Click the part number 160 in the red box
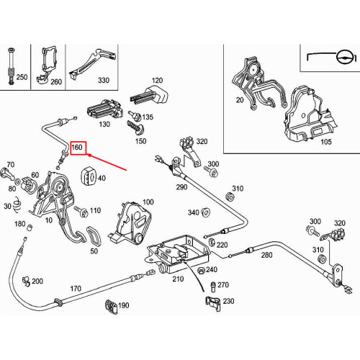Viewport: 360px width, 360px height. click(77, 147)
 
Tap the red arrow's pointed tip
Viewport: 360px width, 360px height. click(87, 155)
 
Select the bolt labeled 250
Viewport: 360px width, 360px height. click(12, 66)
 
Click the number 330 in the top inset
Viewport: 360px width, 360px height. click(104, 80)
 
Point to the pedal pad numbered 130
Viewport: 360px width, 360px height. click(104, 109)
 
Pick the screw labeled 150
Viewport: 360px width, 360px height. click(135, 127)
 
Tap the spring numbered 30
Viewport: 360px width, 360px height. click(17, 205)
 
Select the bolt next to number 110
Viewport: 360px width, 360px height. click(81, 211)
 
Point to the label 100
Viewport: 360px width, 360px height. click(148, 202)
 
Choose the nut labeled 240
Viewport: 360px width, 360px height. click(201, 271)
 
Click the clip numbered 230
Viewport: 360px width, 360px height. click(213, 303)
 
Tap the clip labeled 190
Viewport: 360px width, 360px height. click(111, 307)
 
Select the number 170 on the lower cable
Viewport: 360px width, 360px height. click(76, 288)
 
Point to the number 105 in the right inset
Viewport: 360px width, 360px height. click(326, 142)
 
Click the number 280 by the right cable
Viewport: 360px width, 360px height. click(266, 255)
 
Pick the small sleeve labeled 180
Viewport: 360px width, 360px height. click(30, 227)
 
